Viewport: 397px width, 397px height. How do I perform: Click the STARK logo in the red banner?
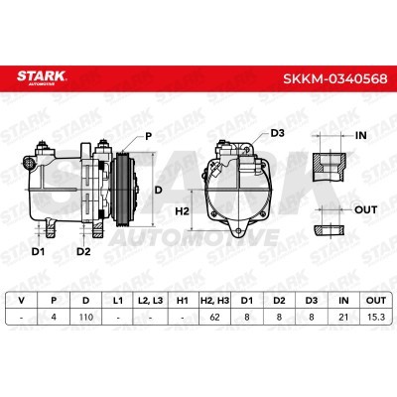pyautogui.click(x=42, y=77)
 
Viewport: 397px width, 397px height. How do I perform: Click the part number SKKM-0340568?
pyautogui.click(x=334, y=79)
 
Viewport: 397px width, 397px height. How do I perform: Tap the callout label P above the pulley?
pyautogui.click(x=149, y=136)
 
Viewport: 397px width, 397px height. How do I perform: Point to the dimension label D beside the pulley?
pyautogui.click(x=159, y=190)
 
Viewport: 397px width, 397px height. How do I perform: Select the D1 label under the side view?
pyautogui.click(x=38, y=252)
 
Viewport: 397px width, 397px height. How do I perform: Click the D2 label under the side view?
pyautogui.click(x=83, y=252)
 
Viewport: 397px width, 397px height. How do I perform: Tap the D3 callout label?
pyautogui.click(x=277, y=133)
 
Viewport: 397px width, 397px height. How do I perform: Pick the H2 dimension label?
pyautogui.click(x=182, y=211)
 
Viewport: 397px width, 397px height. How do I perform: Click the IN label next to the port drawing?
pyautogui.click(x=360, y=135)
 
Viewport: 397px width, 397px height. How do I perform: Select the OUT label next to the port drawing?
pyautogui.click(x=365, y=209)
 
